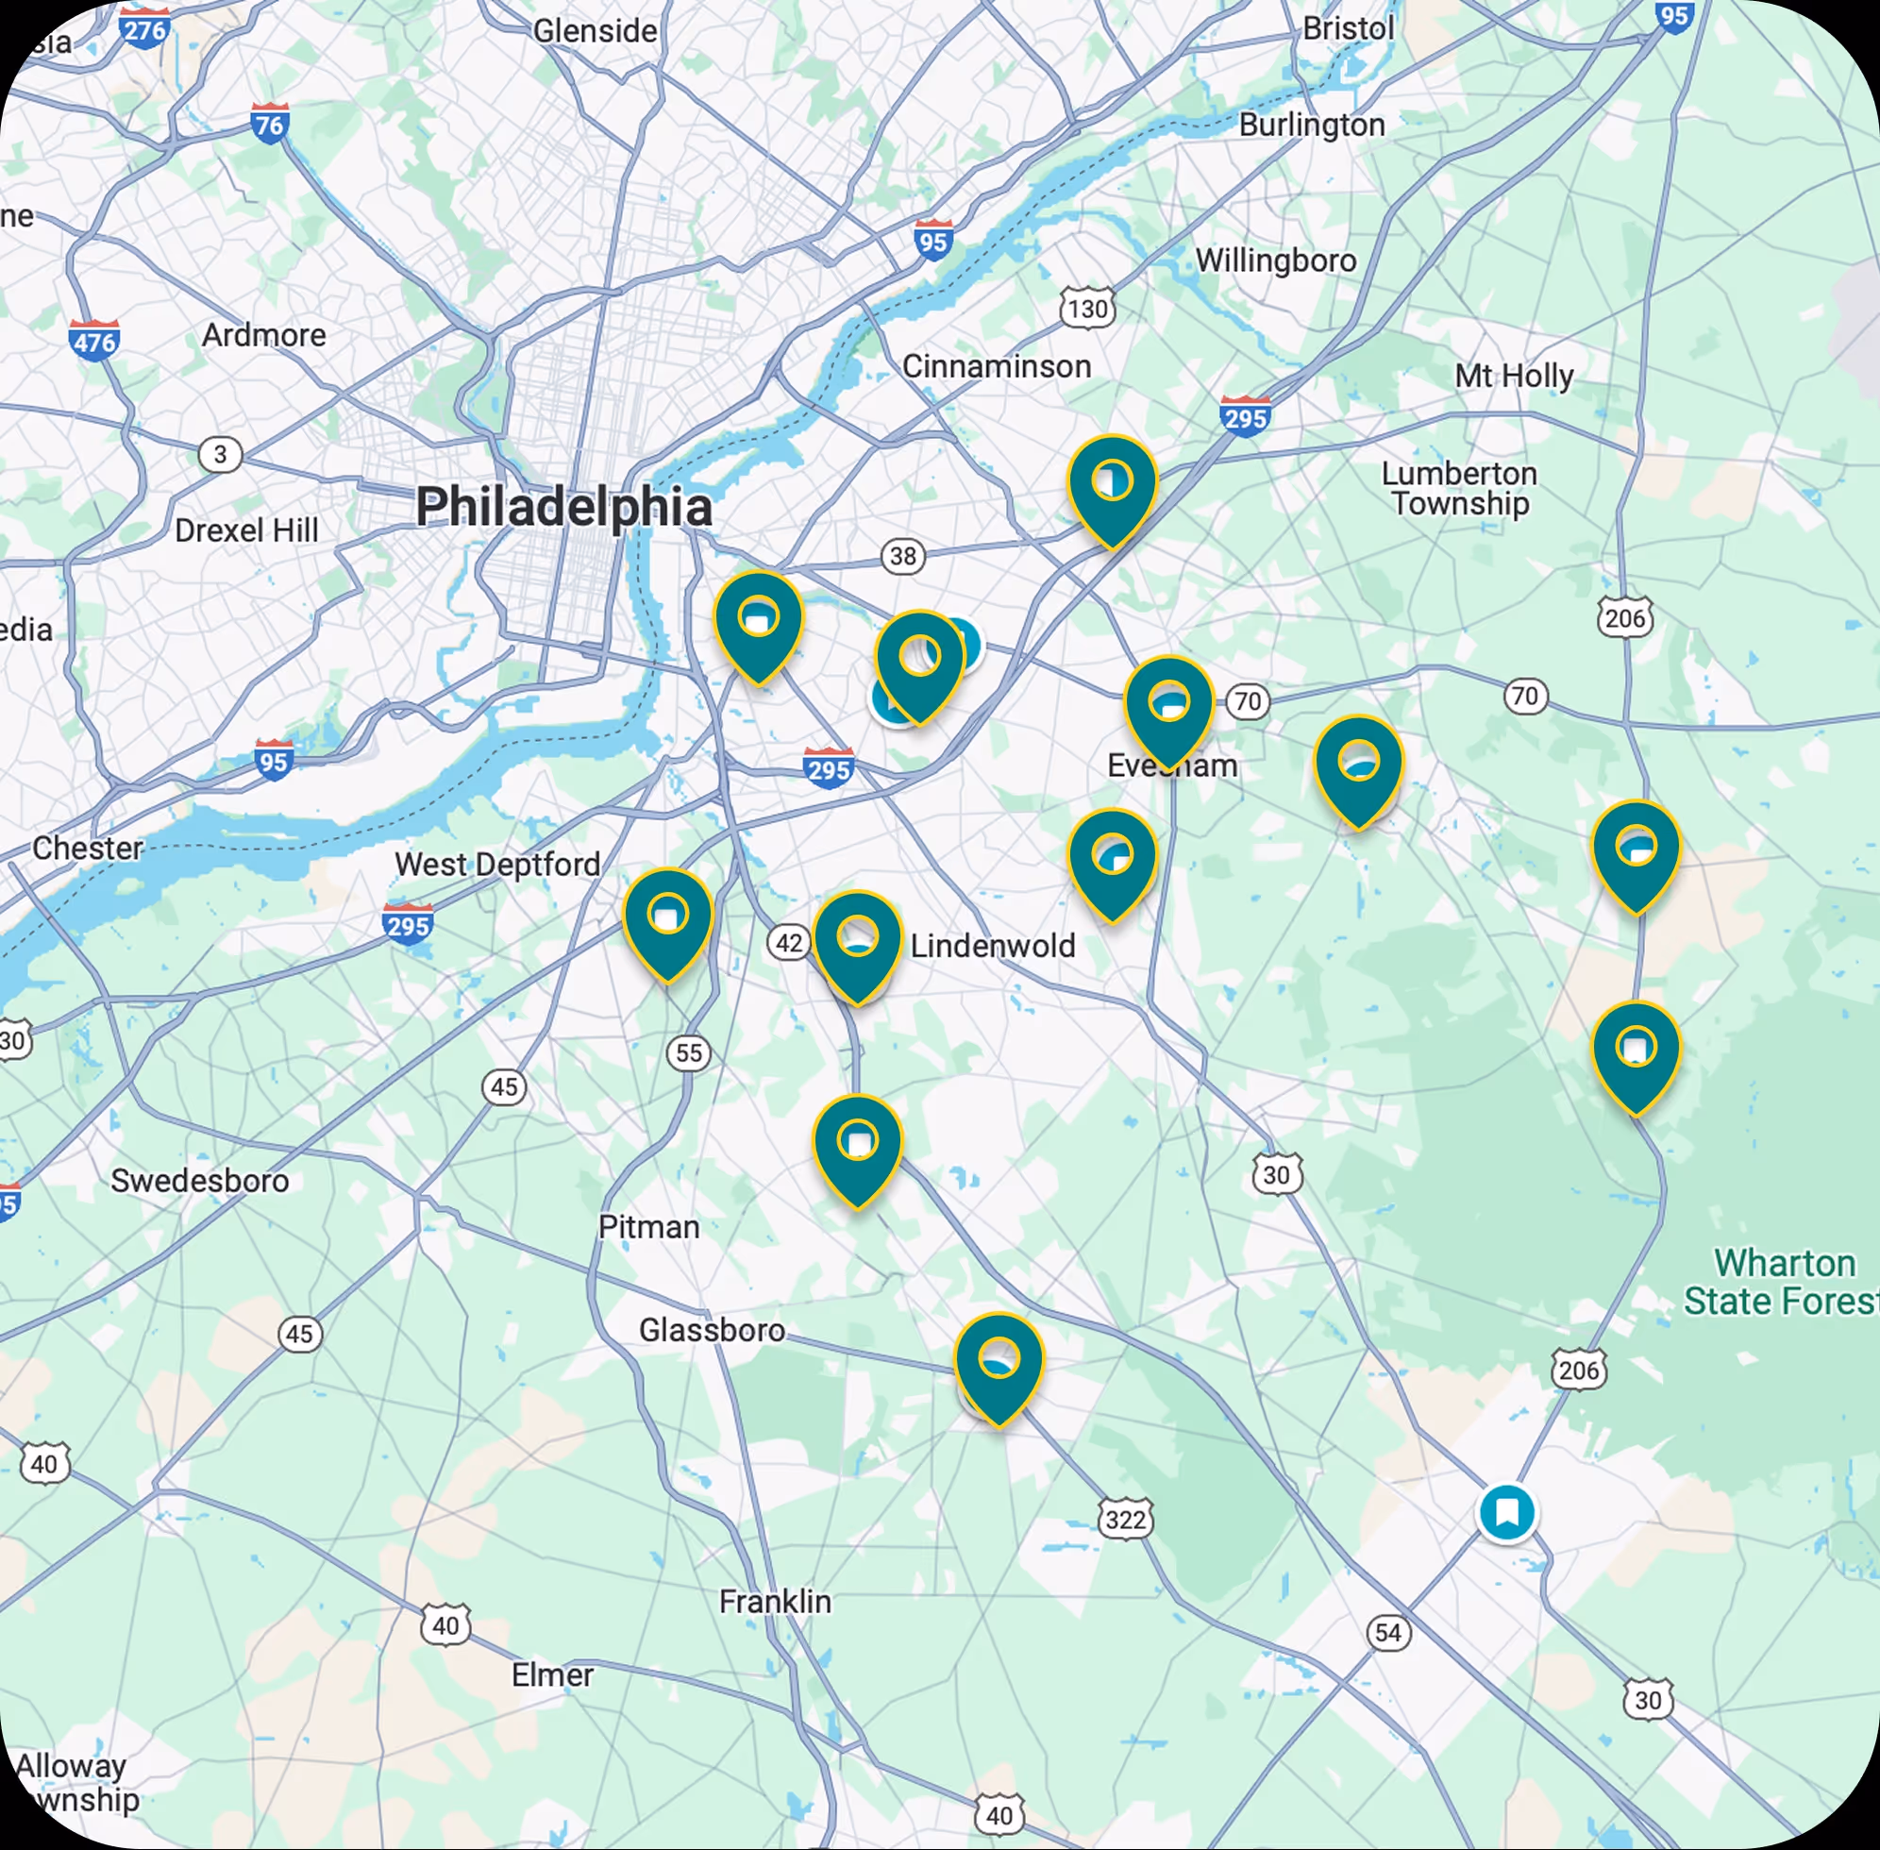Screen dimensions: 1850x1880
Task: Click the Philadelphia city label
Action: tap(563, 507)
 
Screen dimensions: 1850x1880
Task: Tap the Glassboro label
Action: tap(712, 1329)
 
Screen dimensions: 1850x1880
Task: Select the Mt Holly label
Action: tap(1513, 375)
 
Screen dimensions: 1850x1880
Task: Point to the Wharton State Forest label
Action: tap(1783, 1282)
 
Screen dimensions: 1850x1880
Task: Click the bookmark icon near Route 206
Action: tap(1506, 1512)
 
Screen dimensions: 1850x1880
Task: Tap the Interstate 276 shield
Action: tap(144, 28)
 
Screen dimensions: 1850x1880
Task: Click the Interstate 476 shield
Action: tap(94, 341)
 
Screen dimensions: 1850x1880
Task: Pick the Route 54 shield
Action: tap(1387, 1632)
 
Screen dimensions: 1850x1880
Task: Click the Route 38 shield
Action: tap(902, 556)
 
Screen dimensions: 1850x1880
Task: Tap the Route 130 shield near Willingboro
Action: tap(1086, 309)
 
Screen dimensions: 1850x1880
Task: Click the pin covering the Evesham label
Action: tap(1167, 707)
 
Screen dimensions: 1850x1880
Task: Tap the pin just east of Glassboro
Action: tap(998, 1363)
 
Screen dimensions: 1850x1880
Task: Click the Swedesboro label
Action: tap(199, 1181)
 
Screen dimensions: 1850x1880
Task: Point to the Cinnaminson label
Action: tap(996, 366)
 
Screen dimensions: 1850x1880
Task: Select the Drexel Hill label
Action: tap(245, 530)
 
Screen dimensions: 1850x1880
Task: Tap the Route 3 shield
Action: tap(221, 454)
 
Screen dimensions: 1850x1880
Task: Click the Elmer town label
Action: tap(552, 1675)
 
